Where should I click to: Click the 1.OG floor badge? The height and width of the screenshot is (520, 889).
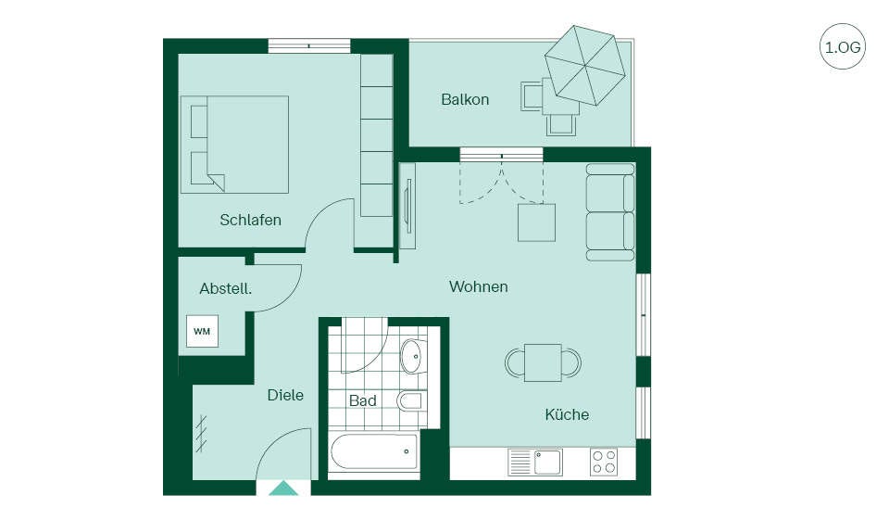[843, 46]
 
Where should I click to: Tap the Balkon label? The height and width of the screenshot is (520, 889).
[465, 99]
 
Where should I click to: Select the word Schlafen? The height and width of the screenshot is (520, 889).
[251, 220]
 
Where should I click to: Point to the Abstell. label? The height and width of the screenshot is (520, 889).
[226, 288]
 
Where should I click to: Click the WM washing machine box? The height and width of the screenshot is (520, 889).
[202, 331]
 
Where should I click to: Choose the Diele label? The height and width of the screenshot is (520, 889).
[285, 395]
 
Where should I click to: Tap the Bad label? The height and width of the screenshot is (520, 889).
[363, 400]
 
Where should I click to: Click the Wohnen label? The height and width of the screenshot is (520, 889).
[479, 286]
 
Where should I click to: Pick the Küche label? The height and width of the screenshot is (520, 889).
[567, 414]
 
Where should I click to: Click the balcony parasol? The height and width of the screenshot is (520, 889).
[585, 65]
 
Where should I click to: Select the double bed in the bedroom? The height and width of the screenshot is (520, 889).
[234, 145]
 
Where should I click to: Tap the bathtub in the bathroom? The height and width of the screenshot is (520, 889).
[374, 452]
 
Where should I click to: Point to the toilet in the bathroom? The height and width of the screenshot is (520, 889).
[410, 400]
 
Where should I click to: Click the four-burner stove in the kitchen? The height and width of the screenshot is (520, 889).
[603, 462]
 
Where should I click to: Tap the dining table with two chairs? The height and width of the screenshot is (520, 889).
[544, 362]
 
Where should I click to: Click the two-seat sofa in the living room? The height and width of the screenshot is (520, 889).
[610, 212]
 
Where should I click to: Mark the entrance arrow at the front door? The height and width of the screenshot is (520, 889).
[283, 488]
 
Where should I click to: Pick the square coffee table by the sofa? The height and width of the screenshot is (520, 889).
[536, 222]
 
